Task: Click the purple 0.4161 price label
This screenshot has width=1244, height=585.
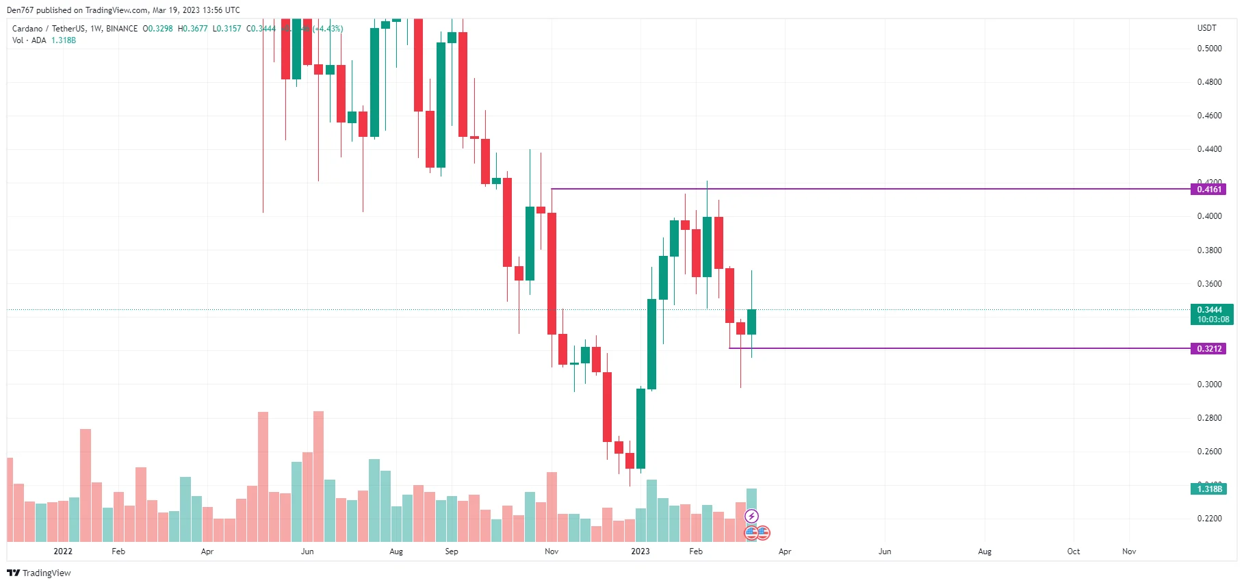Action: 1208,190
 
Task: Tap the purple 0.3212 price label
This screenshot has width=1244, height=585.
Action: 1208,349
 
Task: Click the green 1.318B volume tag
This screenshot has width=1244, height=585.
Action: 1208,489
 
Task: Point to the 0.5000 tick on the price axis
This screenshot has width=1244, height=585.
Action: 1209,49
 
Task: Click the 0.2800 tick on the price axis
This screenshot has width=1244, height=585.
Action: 1209,418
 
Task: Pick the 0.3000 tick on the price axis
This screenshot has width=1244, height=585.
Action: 1209,385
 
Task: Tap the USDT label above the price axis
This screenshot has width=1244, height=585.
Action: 1206,28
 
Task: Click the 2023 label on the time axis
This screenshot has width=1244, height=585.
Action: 640,551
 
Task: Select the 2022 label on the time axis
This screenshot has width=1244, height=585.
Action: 63,551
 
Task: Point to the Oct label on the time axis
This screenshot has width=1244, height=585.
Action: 1073,551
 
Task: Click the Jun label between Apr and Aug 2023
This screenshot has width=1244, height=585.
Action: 885,551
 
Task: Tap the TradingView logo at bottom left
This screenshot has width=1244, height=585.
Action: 39,573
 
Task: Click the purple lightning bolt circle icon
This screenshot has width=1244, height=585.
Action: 751,516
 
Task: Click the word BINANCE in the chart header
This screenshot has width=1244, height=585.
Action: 122,29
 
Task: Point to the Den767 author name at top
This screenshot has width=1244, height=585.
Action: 20,10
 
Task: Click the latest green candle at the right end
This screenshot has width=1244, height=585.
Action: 751,322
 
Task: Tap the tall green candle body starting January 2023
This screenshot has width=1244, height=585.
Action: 651,344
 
